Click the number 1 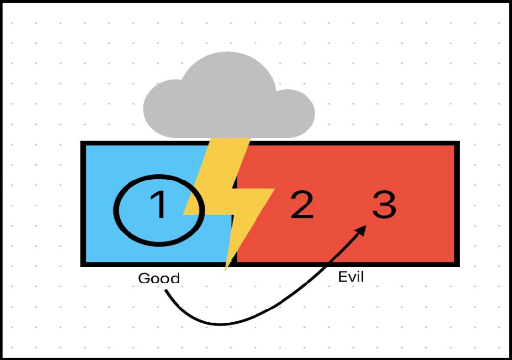click(158, 205)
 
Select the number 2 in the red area click(302, 205)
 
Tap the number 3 click(384, 205)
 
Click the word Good click(159, 279)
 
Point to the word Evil click(351, 277)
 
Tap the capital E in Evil click(342, 277)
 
